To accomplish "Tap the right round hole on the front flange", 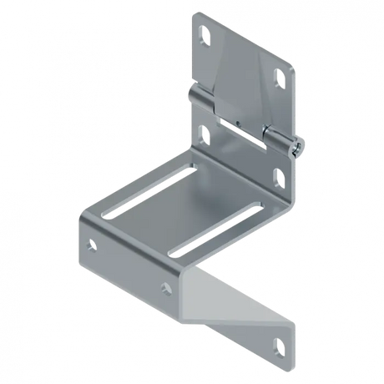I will tap(167, 287).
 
